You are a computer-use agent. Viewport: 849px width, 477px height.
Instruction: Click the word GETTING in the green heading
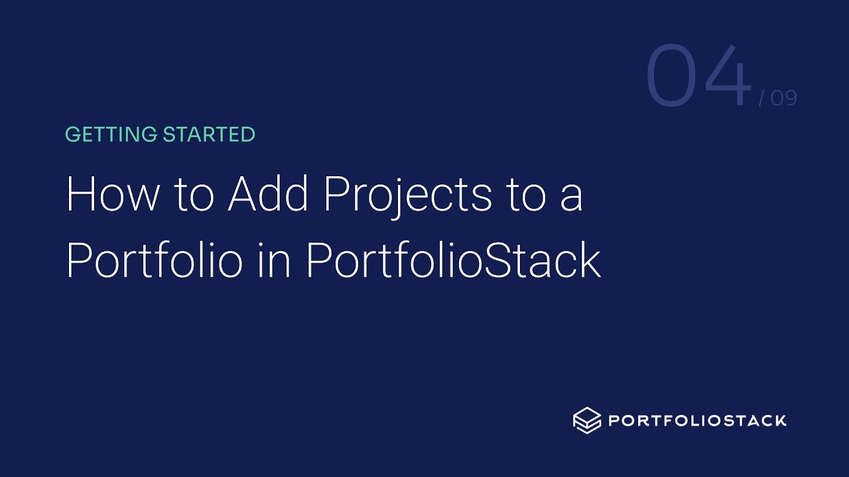pyautogui.click(x=111, y=134)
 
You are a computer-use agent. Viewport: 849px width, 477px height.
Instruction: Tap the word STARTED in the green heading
pyautogui.click(x=209, y=134)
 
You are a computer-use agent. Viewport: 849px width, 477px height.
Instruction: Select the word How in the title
pyautogui.click(x=113, y=193)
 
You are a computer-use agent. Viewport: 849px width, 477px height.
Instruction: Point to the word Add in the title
pyautogui.click(x=267, y=193)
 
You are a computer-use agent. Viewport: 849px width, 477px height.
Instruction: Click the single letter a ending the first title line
pyautogui.click(x=572, y=198)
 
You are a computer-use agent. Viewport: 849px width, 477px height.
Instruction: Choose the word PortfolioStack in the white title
pyautogui.click(x=454, y=260)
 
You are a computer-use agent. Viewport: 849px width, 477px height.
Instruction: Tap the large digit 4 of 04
pyautogui.click(x=728, y=75)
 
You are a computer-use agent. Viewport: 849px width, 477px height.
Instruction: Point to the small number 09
pyautogui.click(x=784, y=98)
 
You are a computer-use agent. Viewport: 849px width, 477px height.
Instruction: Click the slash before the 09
pyautogui.click(x=762, y=98)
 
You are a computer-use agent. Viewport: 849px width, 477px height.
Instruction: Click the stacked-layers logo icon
pyautogui.click(x=587, y=420)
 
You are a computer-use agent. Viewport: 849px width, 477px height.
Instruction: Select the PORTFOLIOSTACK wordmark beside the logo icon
pyautogui.click(x=697, y=421)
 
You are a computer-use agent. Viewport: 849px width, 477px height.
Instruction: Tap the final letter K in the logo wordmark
pyautogui.click(x=779, y=421)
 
